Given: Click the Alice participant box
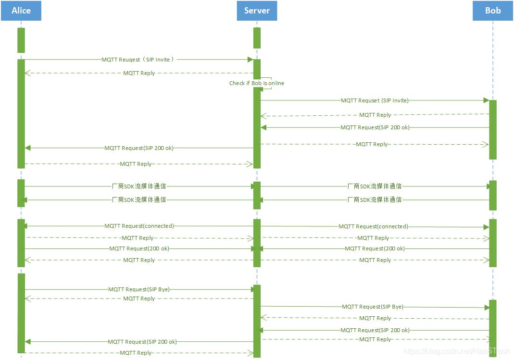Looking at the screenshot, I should click(21, 11).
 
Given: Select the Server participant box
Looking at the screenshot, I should click(257, 11).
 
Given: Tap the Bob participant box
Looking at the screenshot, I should click(492, 11).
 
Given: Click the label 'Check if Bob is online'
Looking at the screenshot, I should click(257, 83).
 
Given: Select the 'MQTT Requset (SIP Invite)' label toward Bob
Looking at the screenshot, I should click(375, 100).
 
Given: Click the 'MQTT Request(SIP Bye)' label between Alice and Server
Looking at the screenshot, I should click(139, 289).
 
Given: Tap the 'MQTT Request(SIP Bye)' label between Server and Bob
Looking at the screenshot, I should click(373, 307).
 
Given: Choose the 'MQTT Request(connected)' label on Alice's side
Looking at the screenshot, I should click(139, 226).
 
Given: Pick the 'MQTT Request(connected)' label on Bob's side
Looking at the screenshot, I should click(373, 226).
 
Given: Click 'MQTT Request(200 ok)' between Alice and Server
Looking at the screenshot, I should click(139, 248).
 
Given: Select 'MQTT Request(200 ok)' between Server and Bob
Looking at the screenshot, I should click(375, 248).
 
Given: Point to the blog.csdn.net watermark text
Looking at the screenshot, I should click(456, 352).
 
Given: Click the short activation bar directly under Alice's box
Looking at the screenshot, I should click(21, 40).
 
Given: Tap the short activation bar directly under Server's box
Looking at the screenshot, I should click(257, 37).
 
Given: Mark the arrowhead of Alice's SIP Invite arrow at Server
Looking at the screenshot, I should click(250, 60).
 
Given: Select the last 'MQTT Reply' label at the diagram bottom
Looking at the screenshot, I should click(136, 353).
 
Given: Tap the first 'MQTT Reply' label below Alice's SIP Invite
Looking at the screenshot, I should click(139, 73).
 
